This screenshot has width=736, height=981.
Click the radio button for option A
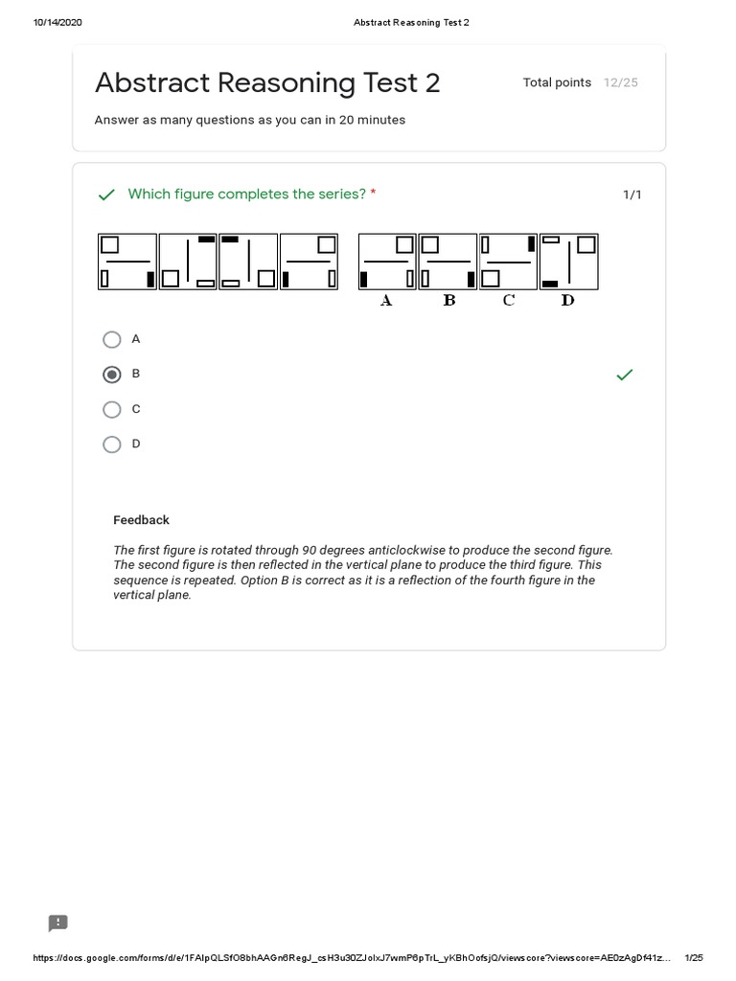112,339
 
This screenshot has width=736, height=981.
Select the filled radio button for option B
112,375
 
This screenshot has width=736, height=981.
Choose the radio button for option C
112,410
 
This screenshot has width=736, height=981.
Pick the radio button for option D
112,445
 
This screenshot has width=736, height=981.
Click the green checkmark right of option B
624,375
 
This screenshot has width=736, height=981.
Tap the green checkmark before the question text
106,195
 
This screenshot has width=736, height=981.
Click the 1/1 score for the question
632,195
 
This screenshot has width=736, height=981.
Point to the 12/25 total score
620,82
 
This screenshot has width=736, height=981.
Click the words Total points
557,82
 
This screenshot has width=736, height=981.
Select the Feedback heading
141,520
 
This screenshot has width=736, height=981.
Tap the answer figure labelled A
387,262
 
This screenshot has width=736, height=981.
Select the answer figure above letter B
448,262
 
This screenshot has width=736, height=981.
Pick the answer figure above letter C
508,262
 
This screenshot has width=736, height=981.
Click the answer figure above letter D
568,262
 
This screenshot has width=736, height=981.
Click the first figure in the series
127,262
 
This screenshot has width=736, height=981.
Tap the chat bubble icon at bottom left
58,923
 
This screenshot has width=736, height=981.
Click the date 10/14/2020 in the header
57,23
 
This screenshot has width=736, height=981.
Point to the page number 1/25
694,958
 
